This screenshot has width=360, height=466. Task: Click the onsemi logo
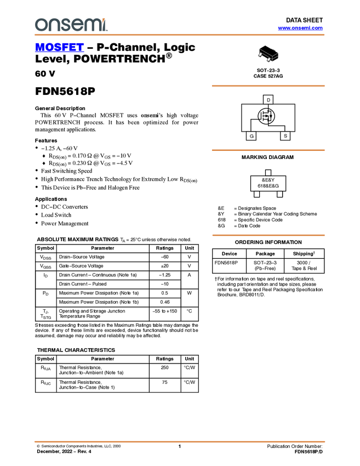pyautogui.click(x=71, y=25)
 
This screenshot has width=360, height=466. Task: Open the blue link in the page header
pyautogui.click(x=300, y=28)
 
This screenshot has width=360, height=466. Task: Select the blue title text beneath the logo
pyautogui.click(x=59, y=48)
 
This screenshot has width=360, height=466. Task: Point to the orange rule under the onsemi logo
pyautogui.click(x=180, y=35)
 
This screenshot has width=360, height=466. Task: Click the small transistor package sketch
pyautogui.click(x=268, y=55)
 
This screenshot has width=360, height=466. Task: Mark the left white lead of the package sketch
pyautogui.click(x=260, y=53)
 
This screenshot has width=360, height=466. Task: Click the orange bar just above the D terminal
pyautogui.click(x=268, y=86)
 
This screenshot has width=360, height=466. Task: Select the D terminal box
pyautogui.click(x=268, y=100)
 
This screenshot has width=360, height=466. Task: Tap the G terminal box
pyautogui.click(x=252, y=135)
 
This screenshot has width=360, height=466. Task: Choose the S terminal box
pyautogui.click(x=285, y=135)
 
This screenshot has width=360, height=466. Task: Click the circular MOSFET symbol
pyautogui.click(x=266, y=116)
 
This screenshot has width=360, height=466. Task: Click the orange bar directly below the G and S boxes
pyautogui.click(x=268, y=150)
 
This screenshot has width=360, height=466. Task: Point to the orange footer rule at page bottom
pyautogui.click(x=180, y=441)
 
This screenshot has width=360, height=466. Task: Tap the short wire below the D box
pyautogui.click(x=268, y=106)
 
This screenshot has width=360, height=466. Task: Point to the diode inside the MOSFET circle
pyautogui.click(x=271, y=116)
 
